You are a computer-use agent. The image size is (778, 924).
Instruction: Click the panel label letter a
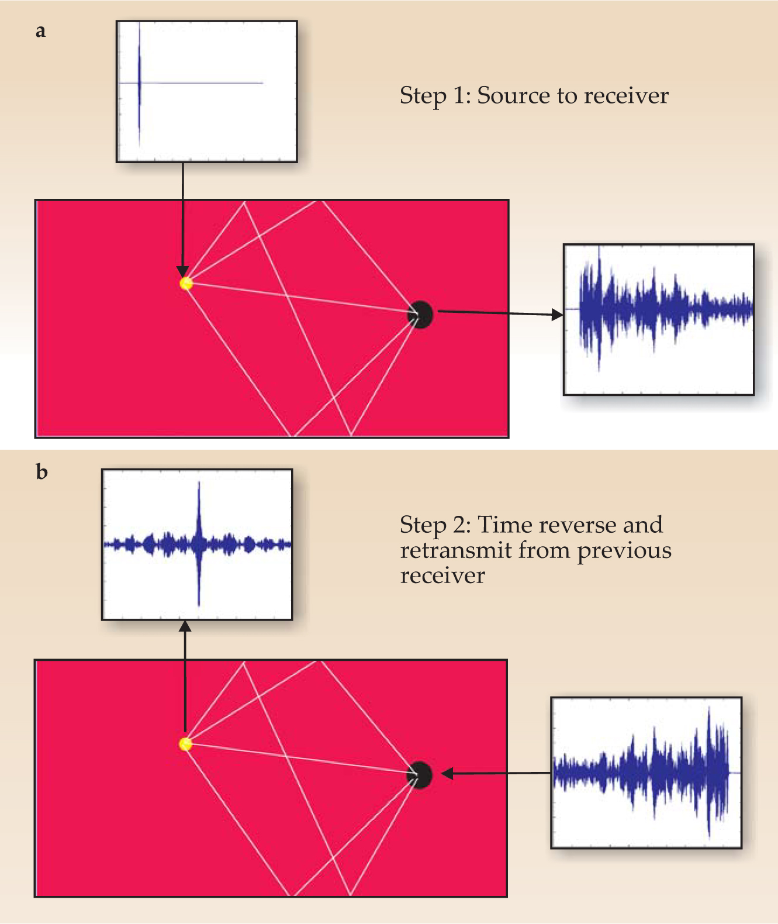(40, 32)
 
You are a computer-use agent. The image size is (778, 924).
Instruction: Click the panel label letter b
(41, 471)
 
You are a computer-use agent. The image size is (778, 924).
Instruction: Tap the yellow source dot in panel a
(186, 284)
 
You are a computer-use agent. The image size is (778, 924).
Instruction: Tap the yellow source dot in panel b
(185, 744)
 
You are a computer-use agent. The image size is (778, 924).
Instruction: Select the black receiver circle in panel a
(420, 315)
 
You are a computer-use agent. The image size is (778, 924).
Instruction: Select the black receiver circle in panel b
(420, 775)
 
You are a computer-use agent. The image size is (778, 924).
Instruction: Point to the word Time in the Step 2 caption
(504, 525)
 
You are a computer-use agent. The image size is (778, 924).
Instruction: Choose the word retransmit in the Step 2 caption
(456, 550)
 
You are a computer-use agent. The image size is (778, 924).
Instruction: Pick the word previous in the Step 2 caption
(624, 551)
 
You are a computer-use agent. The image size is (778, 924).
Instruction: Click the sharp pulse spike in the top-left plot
(140, 82)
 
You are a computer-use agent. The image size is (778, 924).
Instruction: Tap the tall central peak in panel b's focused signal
(199, 526)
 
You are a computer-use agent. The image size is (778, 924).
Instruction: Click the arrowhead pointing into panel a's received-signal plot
(558, 315)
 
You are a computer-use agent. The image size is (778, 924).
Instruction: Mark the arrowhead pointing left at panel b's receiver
(447, 774)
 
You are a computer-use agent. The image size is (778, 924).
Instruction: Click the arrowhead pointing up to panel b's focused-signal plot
(185, 626)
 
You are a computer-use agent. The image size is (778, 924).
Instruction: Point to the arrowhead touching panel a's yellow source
(183, 272)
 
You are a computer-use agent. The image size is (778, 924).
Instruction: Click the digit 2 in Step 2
(459, 525)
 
